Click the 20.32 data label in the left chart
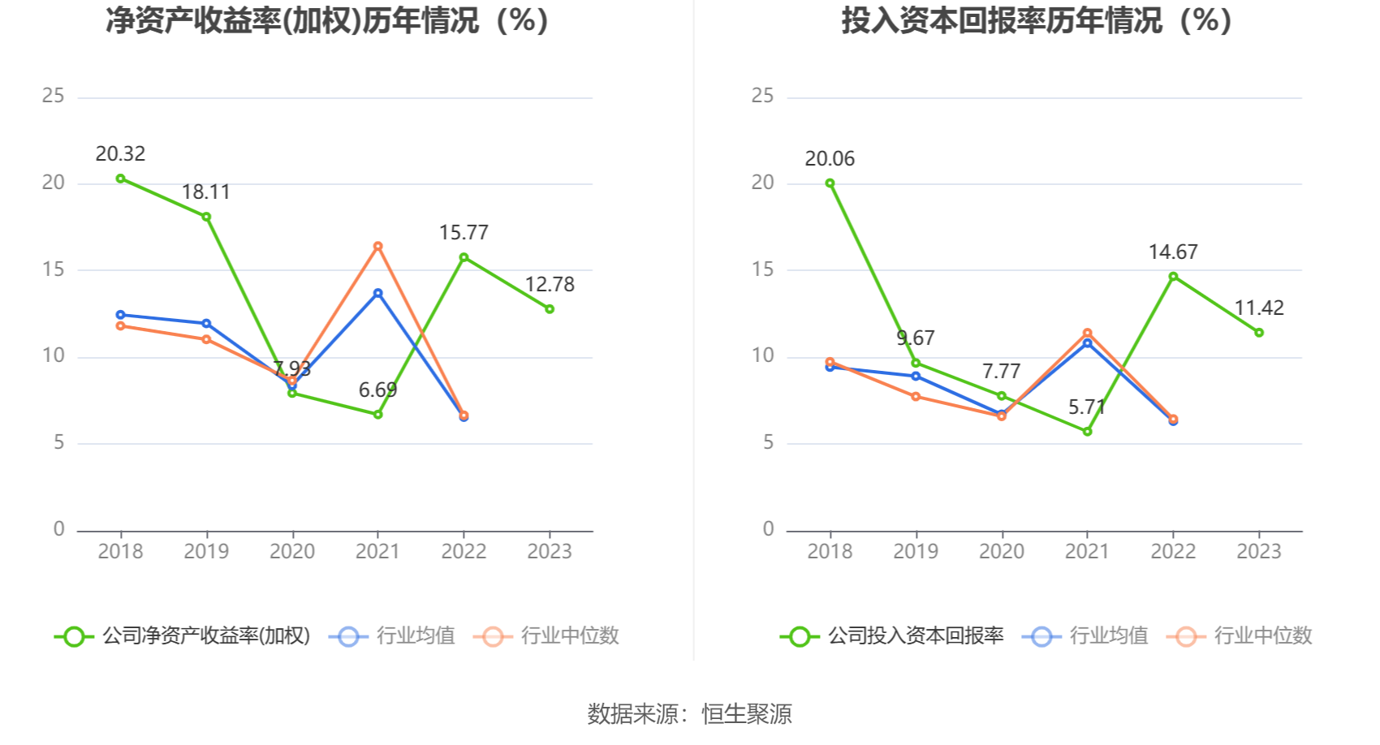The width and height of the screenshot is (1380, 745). (120, 153)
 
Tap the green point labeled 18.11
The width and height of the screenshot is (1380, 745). (206, 217)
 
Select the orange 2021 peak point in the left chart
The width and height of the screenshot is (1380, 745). (377, 246)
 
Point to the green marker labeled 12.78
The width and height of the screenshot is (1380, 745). (550, 309)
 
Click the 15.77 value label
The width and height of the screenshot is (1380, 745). (464, 233)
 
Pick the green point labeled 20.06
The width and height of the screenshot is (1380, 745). (830, 183)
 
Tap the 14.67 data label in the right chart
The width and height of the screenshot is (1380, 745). (1173, 252)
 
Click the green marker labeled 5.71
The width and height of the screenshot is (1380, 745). (1087, 432)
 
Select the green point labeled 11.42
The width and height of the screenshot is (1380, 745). (1259, 333)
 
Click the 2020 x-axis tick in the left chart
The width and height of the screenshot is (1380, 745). (292, 552)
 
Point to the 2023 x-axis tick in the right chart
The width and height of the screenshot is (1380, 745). (1259, 552)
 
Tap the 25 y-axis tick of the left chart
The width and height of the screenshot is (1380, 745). (54, 96)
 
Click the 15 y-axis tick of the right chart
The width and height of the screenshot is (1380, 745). (762, 269)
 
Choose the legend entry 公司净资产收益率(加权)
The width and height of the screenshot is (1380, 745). (183, 636)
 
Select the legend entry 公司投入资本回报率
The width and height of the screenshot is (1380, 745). (893, 636)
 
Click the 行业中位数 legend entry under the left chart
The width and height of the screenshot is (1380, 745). (549, 636)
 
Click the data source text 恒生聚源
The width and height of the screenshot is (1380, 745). (746, 714)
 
